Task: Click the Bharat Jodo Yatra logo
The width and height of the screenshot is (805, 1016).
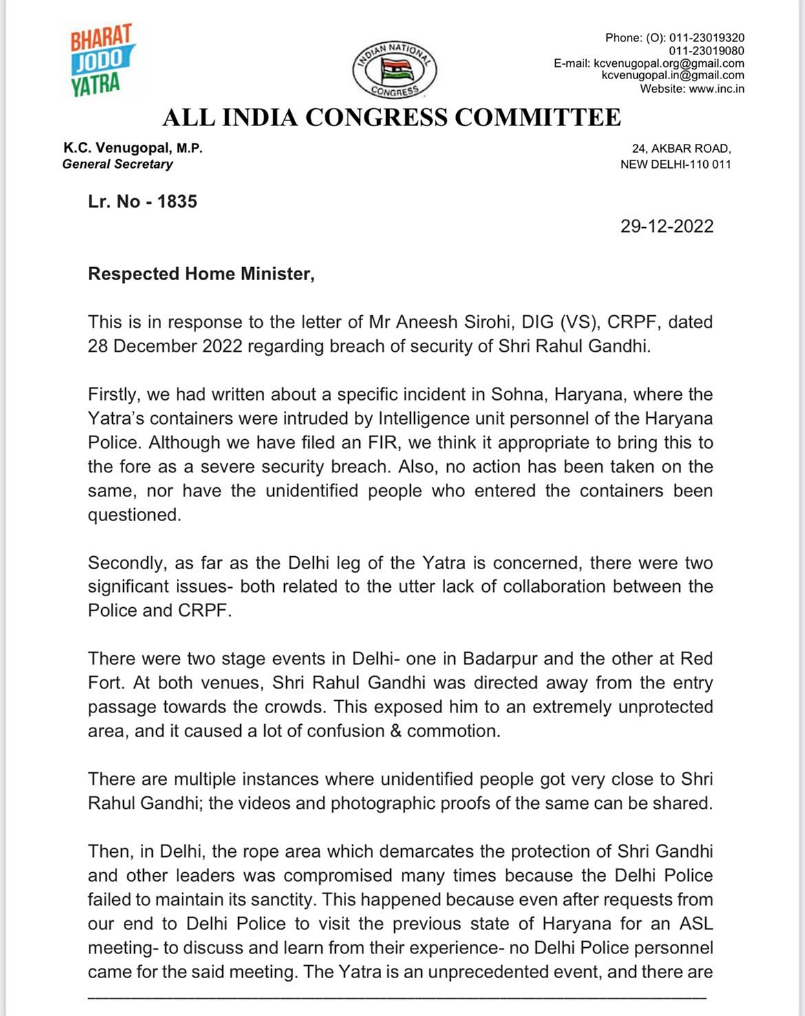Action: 103,61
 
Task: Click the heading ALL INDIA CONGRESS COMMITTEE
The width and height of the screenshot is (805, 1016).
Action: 391,118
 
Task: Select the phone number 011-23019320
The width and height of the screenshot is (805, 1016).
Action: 707,38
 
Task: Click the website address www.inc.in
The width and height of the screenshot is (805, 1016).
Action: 716,89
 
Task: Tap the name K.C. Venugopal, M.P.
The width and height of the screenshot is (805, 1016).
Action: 133,148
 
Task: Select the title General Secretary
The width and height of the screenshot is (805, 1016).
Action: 118,165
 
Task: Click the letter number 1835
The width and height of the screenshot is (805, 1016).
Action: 177,202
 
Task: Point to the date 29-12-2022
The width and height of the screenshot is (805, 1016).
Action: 667,226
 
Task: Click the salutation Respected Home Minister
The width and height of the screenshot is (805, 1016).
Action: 201,274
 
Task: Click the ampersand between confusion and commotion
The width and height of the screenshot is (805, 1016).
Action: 396,731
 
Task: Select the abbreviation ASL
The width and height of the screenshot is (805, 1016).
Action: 694,924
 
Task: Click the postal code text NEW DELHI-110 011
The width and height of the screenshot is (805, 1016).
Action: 676,165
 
